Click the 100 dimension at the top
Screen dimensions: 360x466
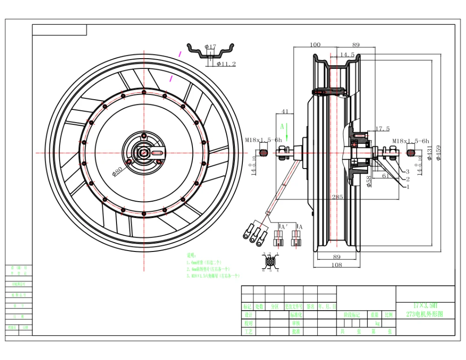(315, 45)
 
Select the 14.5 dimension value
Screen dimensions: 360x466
(347, 54)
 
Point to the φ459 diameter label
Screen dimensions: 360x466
(439, 152)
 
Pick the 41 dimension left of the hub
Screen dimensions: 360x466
(285, 112)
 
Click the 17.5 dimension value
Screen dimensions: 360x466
(382, 129)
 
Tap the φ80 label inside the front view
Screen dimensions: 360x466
(117, 170)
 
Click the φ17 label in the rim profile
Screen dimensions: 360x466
(211, 47)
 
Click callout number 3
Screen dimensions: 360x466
(407, 171)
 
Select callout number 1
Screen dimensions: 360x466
(407, 187)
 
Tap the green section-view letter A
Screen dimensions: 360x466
(281, 126)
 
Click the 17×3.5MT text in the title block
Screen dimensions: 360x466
(425, 305)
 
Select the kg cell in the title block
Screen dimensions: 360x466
(377, 323)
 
